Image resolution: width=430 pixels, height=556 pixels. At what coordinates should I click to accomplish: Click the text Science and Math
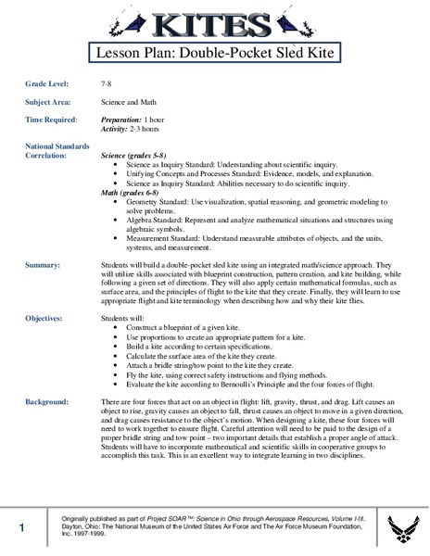pos(128,101)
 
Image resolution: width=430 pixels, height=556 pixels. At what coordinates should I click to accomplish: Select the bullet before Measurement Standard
pos(114,236)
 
